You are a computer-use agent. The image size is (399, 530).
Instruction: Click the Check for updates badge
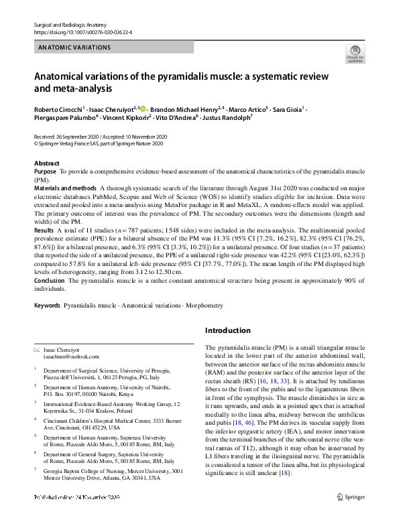click(x=355, y=54)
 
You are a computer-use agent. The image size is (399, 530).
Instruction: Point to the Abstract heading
click(x=46, y=163)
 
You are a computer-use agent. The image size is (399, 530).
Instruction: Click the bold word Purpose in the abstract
click(x=45, y=172)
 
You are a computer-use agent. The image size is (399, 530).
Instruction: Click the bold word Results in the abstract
click(x=44, y=230)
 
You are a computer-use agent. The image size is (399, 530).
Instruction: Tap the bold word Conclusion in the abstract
click(x=50, y=281)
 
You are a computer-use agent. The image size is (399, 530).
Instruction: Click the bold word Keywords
click(x=47, y=306)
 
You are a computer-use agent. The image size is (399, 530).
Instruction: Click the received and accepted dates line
click(x=100, y=137)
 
